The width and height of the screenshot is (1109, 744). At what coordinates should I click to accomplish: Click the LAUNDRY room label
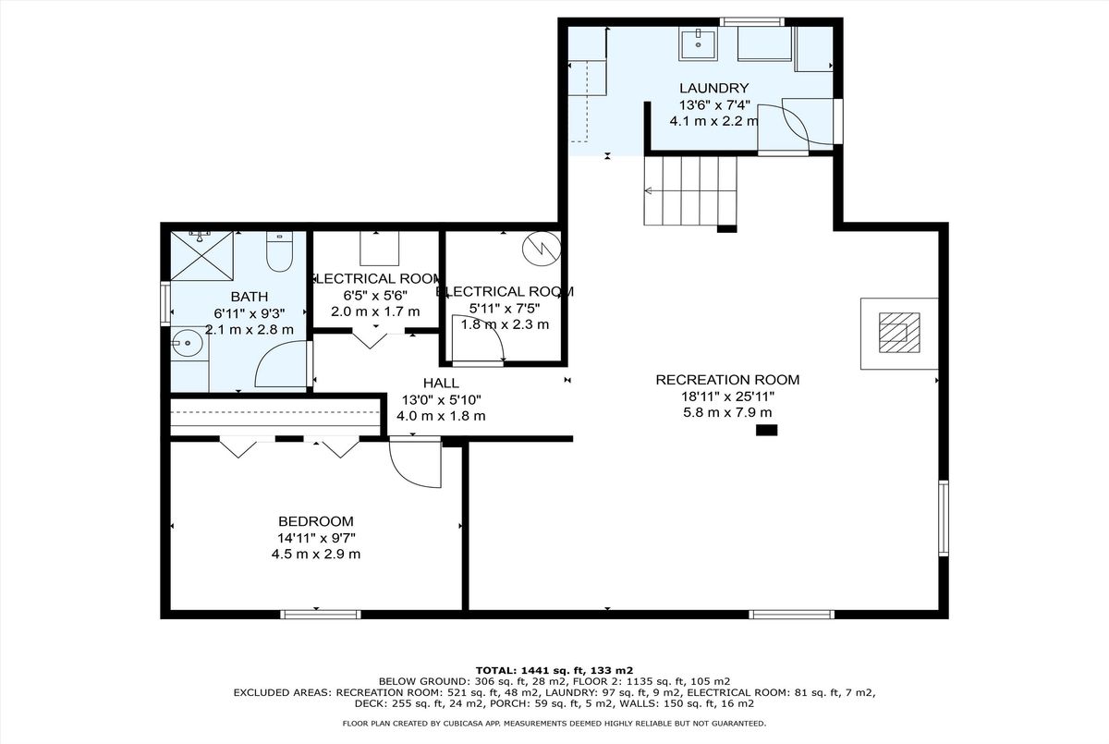713,88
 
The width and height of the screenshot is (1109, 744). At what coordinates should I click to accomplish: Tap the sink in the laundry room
698,44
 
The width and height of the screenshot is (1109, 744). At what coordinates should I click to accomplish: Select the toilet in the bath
279,251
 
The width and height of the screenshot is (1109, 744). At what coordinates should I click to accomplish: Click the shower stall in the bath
202,256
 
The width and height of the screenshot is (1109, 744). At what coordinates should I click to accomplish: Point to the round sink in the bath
187,343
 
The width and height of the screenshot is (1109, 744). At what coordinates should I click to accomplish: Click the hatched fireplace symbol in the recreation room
899,333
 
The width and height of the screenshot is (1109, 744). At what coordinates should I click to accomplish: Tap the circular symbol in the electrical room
542,249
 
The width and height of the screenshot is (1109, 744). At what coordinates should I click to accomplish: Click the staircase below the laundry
690,191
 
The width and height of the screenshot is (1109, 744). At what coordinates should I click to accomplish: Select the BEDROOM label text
316,521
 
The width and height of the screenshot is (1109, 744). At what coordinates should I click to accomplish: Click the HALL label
441,383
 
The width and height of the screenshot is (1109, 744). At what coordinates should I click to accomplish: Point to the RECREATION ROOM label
727,380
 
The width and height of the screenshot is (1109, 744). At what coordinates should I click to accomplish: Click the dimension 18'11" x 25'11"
727,396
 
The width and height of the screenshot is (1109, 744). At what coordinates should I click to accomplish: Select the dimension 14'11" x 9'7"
316,538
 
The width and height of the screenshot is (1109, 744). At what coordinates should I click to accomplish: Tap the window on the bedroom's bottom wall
321,615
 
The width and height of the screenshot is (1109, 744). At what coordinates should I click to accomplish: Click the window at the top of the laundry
751,22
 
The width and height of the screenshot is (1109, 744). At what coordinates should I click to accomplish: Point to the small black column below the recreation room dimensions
766,430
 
